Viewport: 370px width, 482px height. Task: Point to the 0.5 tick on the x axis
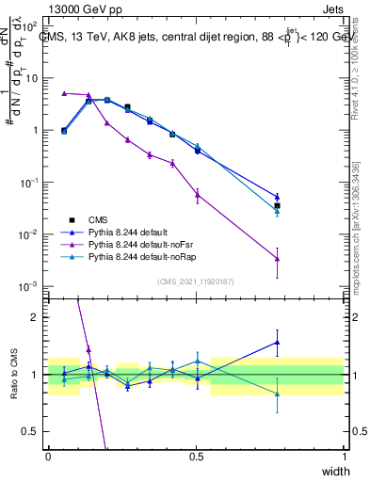click(x=196, y=457)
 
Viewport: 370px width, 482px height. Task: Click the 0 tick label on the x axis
click(x=48, y=457)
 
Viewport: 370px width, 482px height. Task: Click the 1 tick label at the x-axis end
click(x=344, y=457)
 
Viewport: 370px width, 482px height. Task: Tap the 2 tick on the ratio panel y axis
click(x=35, y=317)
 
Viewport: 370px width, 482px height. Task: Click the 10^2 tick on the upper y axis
click(x=28, y=26)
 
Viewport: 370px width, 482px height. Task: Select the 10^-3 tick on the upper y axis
click(x=28, y=285)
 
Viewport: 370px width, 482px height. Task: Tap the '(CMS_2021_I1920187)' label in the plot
click(x=196, y=281)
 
